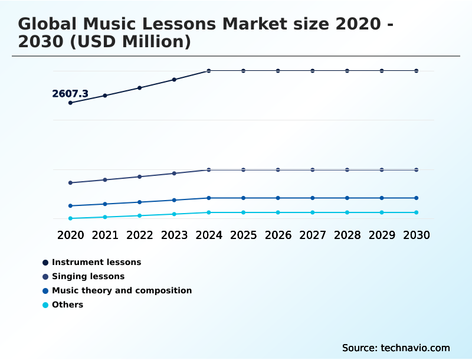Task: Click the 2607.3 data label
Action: coord(70,94)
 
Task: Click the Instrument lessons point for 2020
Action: coord(70,103)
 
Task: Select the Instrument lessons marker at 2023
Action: coord(174,80)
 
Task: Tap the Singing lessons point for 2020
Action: coord(70,183)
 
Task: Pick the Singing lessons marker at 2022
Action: coord(140,176)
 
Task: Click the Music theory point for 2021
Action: coord(105,204)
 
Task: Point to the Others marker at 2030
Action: coord(416,212)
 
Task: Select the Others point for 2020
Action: coord(70,218)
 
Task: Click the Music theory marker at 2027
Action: coord(313,198)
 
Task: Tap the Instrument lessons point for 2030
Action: coord(416,71)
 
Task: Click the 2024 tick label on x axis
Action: coord(209,235)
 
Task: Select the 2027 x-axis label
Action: coord(313,235)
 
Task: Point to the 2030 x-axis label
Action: coord(416,235)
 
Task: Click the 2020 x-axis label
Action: coord(70,235)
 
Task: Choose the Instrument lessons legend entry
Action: coord(96,262)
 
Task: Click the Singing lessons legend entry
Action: coord(88,276)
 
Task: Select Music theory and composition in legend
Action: coord(122,290)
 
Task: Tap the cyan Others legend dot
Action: coord(45,305)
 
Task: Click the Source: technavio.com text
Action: coord(396,348)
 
